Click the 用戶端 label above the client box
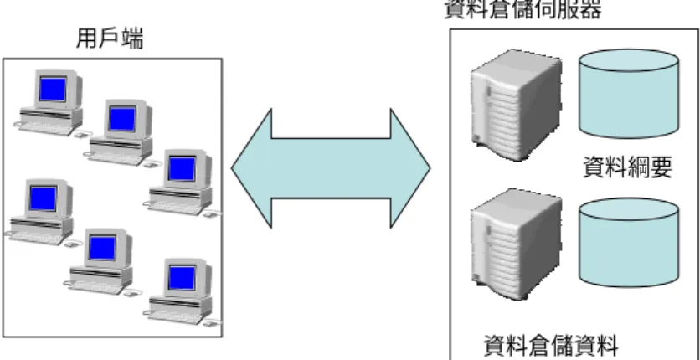point(110,39)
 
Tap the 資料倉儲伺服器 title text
point(522,9)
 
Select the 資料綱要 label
point(628,167)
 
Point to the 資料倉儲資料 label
point(551,346)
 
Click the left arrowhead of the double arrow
point(251,168)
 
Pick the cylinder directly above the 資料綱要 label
point(629,94)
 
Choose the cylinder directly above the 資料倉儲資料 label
point(629,242)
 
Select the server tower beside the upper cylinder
point(516,105)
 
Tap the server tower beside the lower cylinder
point(516,244)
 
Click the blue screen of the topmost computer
point(53,89)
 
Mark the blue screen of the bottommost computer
point(182,277)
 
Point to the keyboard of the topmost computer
point(45,128)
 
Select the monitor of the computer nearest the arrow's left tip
point(187,168)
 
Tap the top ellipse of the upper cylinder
point(629,60)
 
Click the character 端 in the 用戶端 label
point(132,39)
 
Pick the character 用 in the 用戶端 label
point(87,39)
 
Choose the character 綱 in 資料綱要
point(639,167)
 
